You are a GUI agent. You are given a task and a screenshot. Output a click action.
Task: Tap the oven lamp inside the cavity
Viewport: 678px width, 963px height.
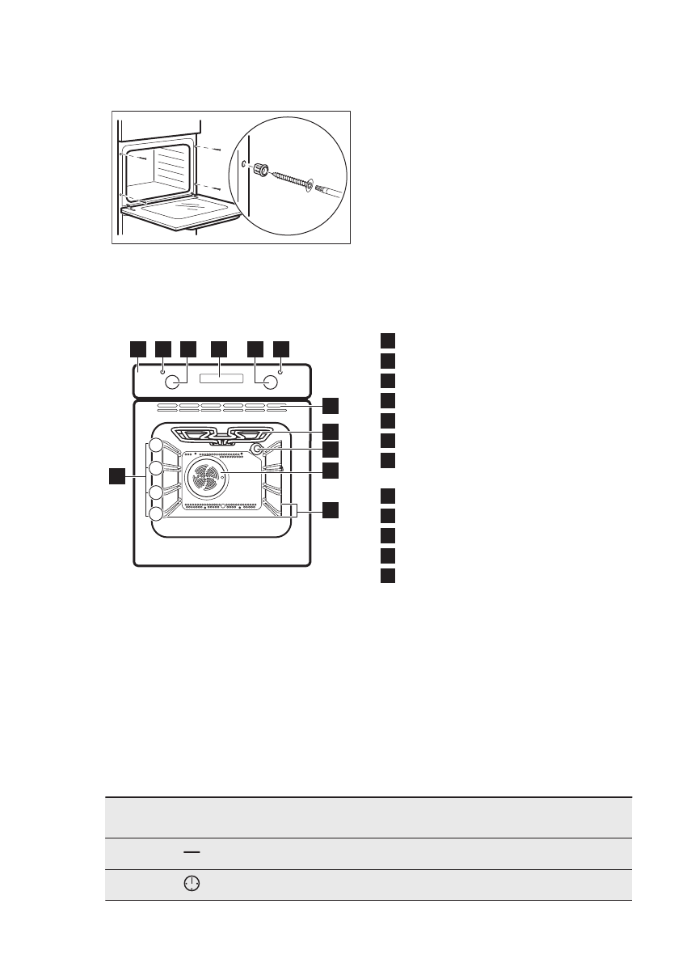(257, 449)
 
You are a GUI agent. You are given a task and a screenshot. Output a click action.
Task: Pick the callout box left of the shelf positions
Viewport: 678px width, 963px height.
(119, 476)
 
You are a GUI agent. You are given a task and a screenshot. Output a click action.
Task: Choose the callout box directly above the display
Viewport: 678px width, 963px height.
(219, 348)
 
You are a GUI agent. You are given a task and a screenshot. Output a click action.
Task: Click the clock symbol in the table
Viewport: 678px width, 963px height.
(192, 885)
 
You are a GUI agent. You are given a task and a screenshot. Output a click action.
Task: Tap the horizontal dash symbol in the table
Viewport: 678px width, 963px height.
(192, 854)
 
